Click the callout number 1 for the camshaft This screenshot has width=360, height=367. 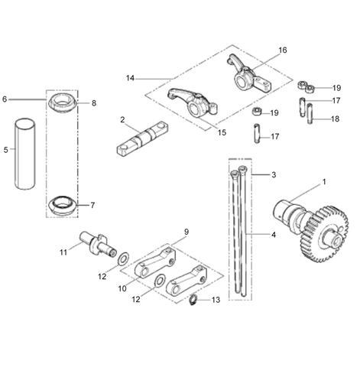point(324,182)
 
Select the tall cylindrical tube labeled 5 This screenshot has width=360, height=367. point(24,154)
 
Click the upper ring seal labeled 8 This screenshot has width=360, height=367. point(63,102)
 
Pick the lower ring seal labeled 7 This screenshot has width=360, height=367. point(62,206)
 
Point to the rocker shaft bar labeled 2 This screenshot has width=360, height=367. point(142,138)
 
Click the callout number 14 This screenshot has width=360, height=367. point(130,78)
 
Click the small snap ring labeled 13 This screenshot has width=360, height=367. point(193,299)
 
